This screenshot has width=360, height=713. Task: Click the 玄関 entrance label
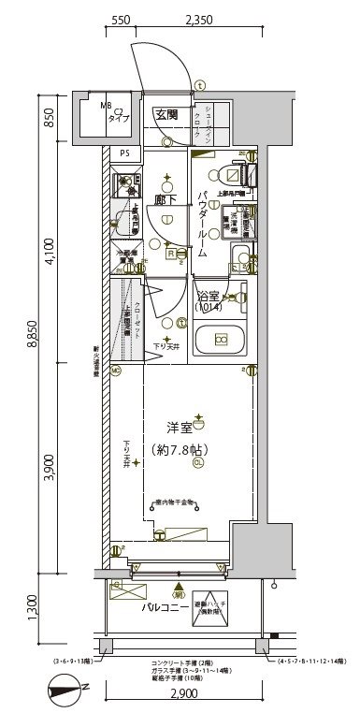tap(167, 115)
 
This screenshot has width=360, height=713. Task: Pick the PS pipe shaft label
tap(123, 153)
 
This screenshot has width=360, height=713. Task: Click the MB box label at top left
tap(107, 106)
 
